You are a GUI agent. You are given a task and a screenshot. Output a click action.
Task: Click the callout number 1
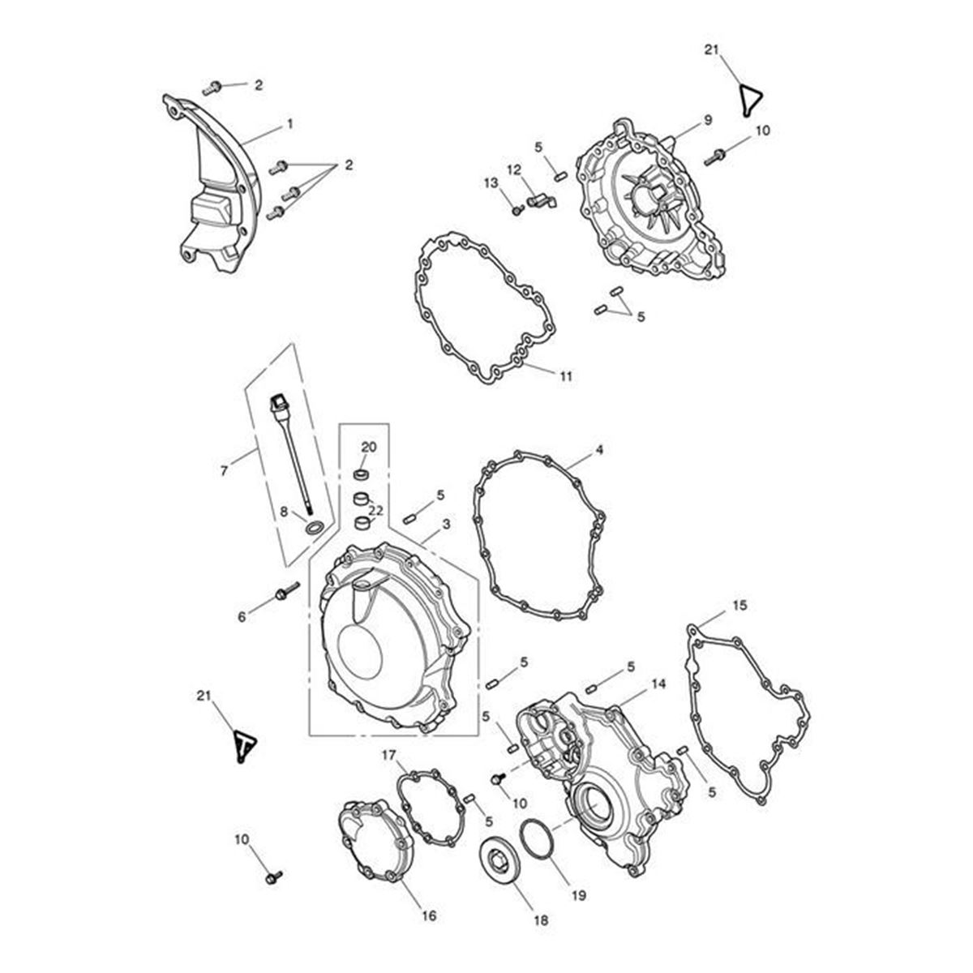click(289, 123)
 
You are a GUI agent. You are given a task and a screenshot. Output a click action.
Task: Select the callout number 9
click(708, 120)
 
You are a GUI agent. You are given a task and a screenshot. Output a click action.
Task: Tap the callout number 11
click(566, 375)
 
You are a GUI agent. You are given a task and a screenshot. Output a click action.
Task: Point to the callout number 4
click(599, 449)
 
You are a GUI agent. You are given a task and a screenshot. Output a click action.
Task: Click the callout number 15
click(739, 605)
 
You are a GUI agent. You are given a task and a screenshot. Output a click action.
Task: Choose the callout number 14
click(658, 684)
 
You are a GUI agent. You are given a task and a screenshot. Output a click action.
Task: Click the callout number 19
click(579, 895)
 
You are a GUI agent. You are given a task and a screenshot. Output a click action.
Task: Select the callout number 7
click(224, 471)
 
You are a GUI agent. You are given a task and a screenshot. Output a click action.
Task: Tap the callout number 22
click(375, 511)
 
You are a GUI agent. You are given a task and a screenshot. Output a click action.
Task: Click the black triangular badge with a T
click(245, 746)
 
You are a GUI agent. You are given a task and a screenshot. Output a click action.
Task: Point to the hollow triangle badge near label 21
click(751, 101)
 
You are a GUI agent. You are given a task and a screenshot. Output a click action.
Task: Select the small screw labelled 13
click(517, 210)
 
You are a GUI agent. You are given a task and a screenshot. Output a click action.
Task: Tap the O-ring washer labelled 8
click(315, 528)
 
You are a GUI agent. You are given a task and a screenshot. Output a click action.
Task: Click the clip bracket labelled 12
click(541, 200)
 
